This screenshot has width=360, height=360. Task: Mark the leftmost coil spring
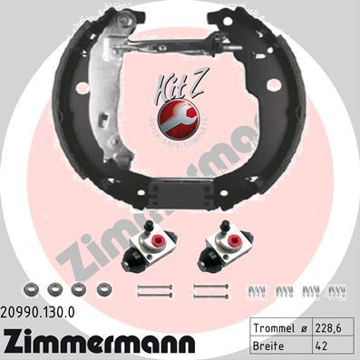[x=257, y=289]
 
